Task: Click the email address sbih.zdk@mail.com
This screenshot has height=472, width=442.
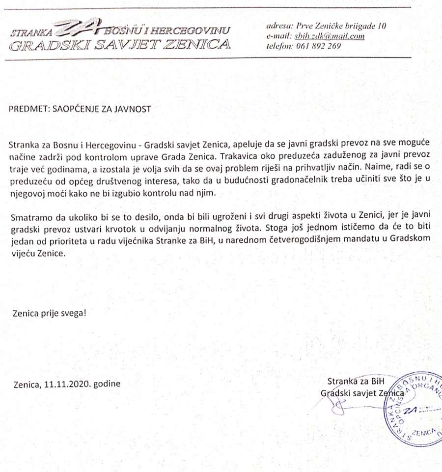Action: [330, 36]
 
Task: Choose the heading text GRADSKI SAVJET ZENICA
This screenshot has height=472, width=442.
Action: [120, 46]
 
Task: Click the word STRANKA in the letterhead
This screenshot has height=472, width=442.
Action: [30, 33]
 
